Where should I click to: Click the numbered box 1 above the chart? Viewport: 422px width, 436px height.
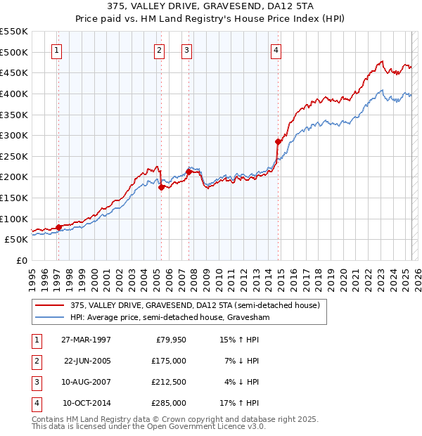[56, 50]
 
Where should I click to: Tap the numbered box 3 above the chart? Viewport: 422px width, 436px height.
[186, 50]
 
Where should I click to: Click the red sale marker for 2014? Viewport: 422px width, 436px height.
[278, 141]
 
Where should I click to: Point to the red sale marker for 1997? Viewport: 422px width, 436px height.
[58, 226]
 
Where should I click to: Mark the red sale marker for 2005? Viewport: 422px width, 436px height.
[162, 187]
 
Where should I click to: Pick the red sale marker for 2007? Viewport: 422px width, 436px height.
[188, 171]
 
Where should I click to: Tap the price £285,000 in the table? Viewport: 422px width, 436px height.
[170, 403]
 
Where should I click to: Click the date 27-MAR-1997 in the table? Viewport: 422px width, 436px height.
[87, 340]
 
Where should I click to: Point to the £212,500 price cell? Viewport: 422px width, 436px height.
[170, 382]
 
